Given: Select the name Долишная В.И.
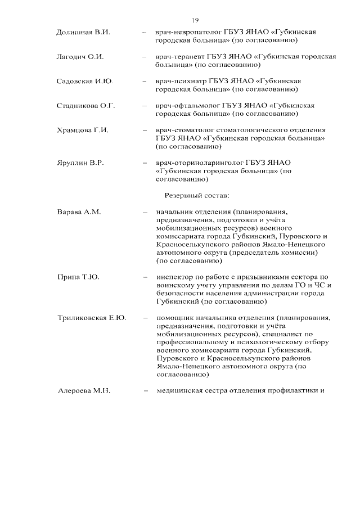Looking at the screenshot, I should pyautogui.click(x=83, y=32).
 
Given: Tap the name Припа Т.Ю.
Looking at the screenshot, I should pyautogui.click(x=78, y=277).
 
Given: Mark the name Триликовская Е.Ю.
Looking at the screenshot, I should pyautogui.click(x=92, y=318).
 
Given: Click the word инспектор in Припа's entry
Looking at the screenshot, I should pyautogui.click(x=174, y=277).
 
